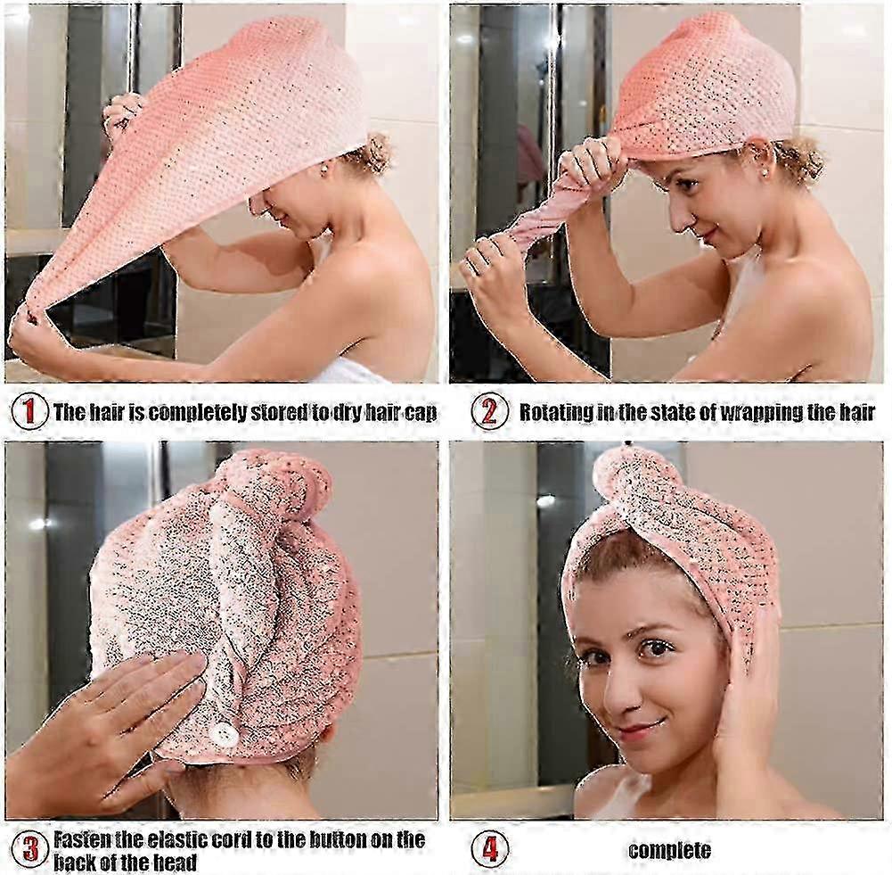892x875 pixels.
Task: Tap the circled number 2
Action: [x=489, y=411]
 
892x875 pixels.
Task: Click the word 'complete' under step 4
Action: [x=669, y=851]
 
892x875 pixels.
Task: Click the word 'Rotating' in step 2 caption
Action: [x=556, y=412]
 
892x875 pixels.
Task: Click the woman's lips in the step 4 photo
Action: [x=635, y=730]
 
